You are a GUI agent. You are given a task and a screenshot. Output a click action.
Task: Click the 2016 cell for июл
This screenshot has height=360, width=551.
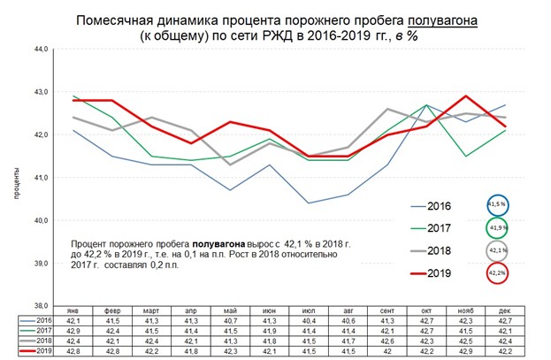point(307,320)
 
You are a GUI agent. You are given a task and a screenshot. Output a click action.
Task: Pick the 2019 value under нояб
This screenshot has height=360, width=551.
point(463,349)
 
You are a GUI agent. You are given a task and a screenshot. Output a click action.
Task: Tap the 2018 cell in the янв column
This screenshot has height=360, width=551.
point(73,340)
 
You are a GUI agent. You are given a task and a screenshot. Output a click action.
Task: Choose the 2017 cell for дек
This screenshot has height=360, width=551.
point(502,330)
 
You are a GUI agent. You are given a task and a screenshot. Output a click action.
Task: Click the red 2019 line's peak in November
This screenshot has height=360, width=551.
point(464,96)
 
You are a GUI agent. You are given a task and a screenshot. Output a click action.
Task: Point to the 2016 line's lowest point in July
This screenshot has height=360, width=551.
point(307,203)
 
